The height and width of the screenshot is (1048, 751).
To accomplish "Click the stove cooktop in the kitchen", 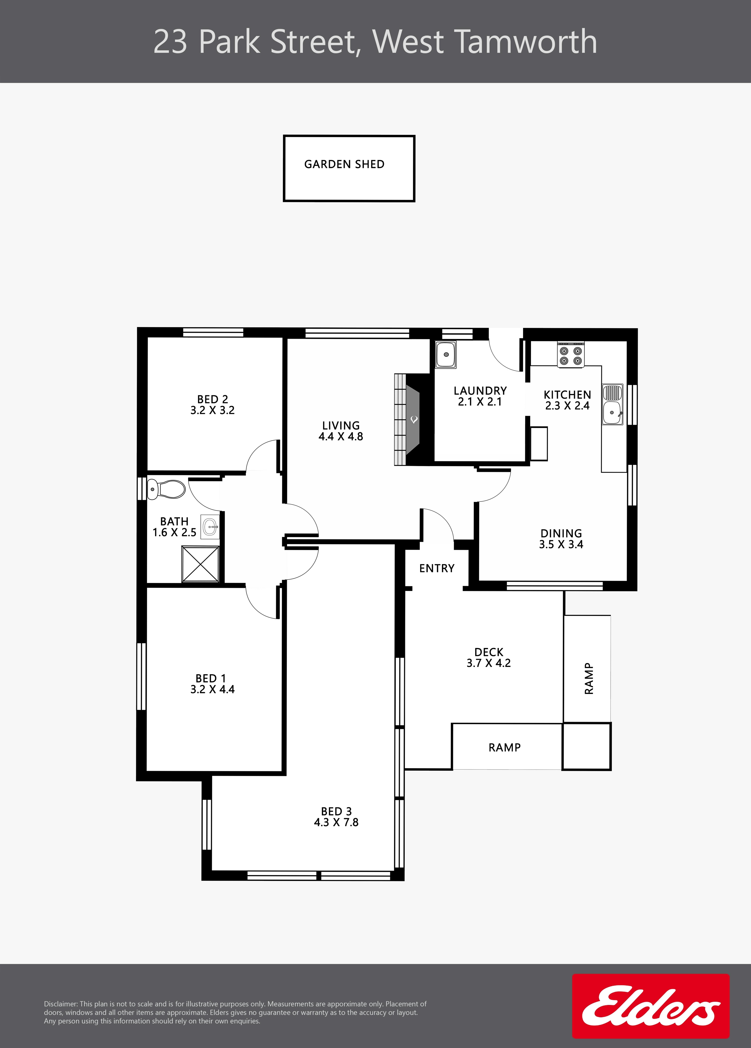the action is [571, 355].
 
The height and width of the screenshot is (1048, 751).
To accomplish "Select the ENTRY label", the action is [437, 568].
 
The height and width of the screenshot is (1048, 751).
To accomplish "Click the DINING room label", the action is [561, 533].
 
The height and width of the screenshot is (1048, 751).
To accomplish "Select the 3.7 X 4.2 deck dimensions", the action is [489, 663].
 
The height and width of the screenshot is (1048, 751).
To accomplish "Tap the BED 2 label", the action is [213, 399].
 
